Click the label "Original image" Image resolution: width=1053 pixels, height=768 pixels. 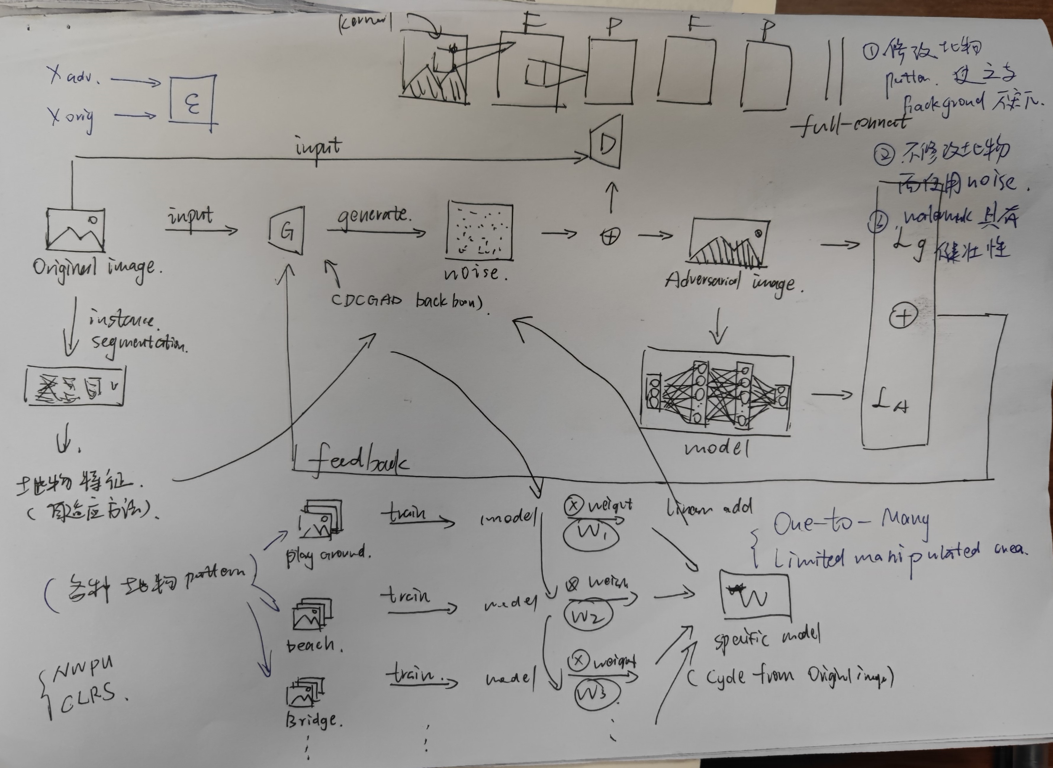(98, 268)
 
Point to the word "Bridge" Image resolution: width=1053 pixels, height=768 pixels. (313, 720)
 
